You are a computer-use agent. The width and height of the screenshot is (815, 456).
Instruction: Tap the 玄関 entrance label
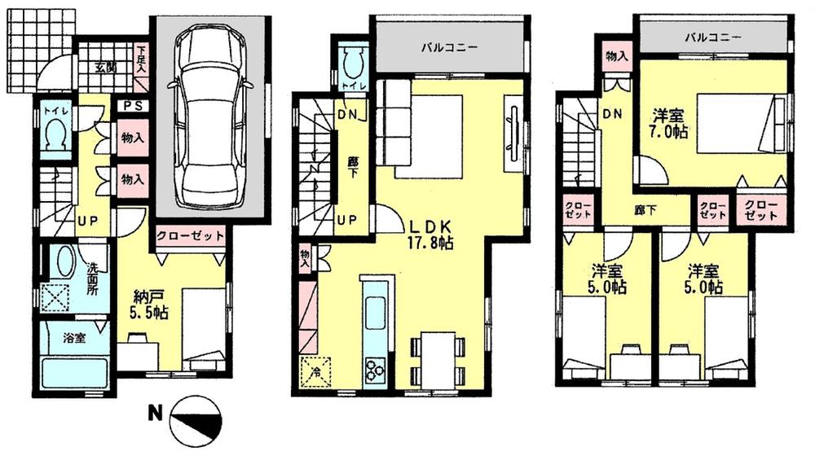(x=104, y=68)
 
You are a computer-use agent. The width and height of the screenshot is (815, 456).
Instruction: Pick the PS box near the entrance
(x=133, y=105)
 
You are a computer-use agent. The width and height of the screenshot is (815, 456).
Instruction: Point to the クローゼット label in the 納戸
(x=189, y=236)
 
